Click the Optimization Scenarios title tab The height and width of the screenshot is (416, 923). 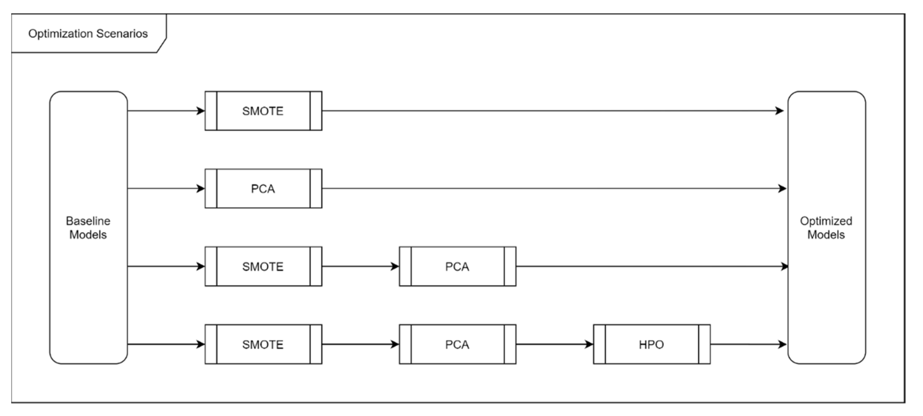(88, 34)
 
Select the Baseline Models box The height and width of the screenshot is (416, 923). (88, 228)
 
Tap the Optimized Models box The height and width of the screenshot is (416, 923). (826, 228)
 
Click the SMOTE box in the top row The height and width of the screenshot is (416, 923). (263, 111)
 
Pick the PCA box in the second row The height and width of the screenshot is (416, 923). (263, 189)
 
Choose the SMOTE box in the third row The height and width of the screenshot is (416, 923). (263, 267)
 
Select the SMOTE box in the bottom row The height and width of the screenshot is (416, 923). (263, 344)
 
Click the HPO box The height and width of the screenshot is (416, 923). (652, 344)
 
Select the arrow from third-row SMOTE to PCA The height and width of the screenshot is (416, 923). (360, 267)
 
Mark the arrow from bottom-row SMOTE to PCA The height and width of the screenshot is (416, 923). (360, 344)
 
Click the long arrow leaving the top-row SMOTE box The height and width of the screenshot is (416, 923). (552, 111)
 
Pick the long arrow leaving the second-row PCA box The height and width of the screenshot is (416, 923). (552, 189)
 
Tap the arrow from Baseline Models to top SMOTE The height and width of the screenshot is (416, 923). (166, 111)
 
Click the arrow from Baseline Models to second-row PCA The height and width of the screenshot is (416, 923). (166, 189)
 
